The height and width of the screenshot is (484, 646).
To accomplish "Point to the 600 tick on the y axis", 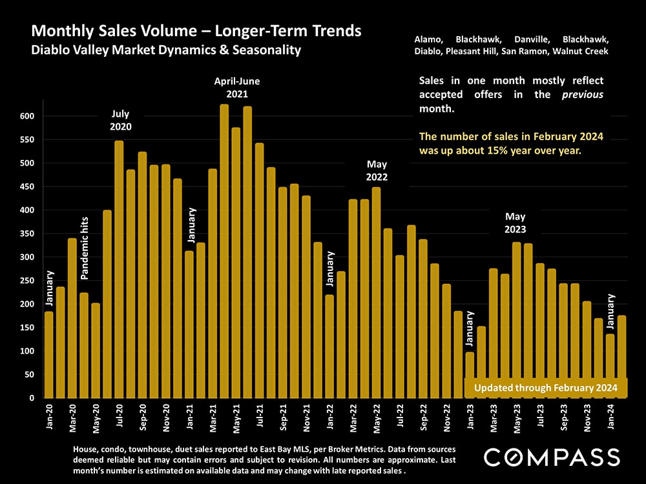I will pos(26,116).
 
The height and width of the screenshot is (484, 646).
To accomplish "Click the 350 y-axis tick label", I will pos(26,234).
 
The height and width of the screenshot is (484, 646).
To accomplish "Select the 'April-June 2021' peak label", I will pos(237,88).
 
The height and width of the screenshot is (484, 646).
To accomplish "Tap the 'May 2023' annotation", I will pos(515,223).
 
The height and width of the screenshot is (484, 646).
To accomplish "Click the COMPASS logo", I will pos(552,458).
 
